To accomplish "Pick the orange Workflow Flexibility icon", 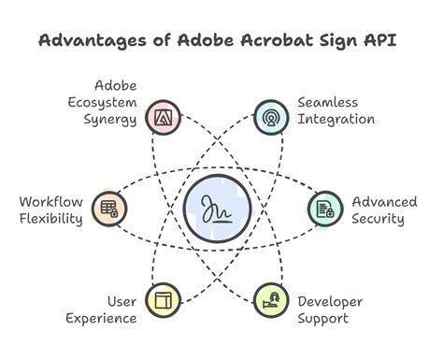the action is [x=109, y=209].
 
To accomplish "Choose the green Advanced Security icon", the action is [x=325, y=209].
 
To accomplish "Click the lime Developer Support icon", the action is [x=271, y=301].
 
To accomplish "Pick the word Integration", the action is [x=336, y=120].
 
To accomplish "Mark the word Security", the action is [x=379, y=220].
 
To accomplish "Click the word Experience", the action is [x=101, y=319].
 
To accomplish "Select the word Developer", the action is [x=330, y=301].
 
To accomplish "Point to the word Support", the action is [x=323, y=319].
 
